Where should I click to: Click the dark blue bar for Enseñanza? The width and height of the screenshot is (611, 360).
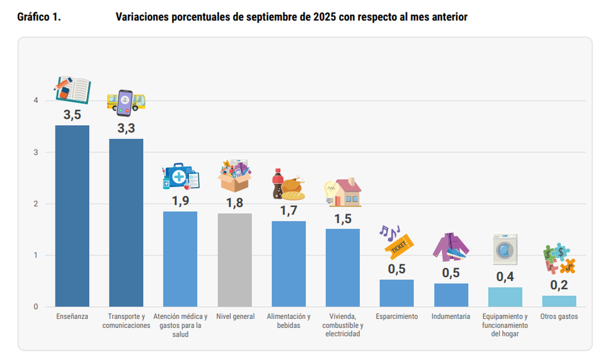coord(72,216)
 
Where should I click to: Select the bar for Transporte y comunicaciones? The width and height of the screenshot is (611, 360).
coord(126,223)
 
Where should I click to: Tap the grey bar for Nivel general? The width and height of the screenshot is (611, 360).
coord(235,260)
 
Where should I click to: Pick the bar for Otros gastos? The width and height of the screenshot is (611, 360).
coord(559,301)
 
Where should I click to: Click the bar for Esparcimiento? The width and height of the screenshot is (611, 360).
coord(397,293)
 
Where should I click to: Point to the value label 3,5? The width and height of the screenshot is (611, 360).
coord(72,115)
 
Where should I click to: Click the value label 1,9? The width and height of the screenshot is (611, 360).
coord(180,201)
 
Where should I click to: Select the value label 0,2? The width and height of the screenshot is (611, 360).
coord(559,285)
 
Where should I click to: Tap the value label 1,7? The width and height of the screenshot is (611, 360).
coord(289,210)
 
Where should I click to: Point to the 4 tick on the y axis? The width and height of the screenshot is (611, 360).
coord(36,101)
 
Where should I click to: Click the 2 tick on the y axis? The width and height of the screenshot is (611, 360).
coord(36,204)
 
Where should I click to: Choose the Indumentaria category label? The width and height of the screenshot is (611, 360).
coord(451,317)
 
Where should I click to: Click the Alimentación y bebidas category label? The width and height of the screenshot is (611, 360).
coord(289,321)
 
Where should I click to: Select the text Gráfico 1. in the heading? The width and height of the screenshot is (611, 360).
coord(39,17)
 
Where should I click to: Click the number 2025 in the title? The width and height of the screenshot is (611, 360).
coord(319,17)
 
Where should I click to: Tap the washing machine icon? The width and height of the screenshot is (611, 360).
coord(505,249)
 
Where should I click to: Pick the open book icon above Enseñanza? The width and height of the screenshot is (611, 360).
coord(74,90)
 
